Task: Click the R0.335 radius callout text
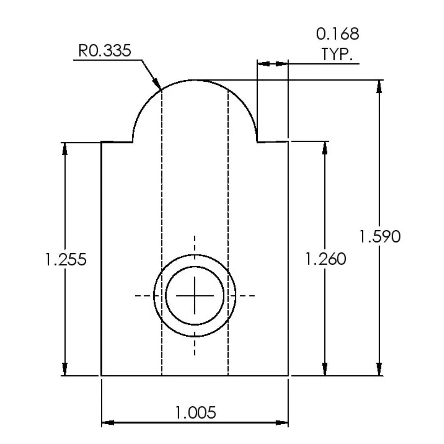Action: (x=104, y=51)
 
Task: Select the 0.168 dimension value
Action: (x=338, y=34)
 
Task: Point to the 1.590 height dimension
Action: (x=380, y=236)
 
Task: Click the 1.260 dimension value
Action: (x=326, y=259)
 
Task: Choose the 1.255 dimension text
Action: (x=66, y=259)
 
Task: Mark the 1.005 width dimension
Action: (x=196, y=412)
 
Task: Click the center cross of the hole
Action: (x=194, y=296)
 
